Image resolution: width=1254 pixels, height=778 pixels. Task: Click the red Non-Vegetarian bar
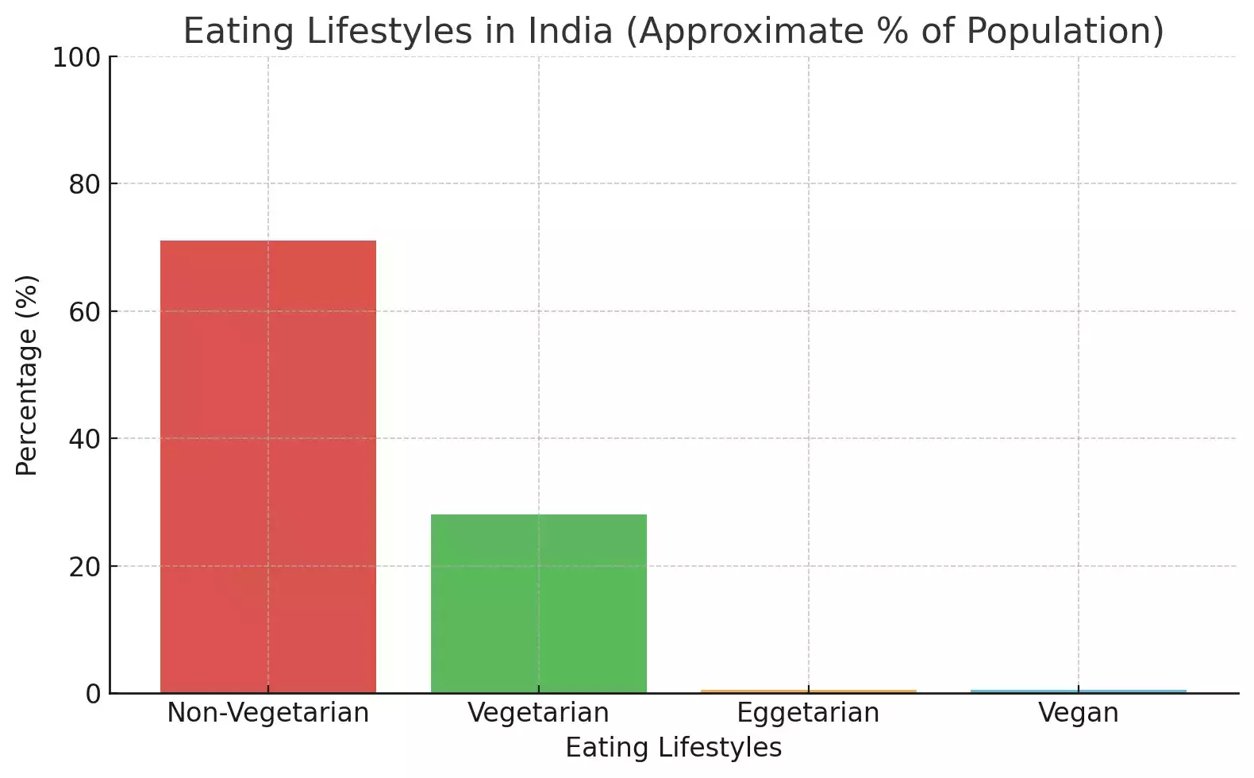(x=268, y=467)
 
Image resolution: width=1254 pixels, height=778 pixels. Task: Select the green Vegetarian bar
(x=539, y=603)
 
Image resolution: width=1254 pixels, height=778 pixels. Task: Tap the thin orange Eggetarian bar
(x=809, y=691)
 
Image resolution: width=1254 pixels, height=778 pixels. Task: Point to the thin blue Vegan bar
(x=1079, y=691)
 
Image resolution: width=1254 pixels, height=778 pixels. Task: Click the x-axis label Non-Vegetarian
(x=268, y=713)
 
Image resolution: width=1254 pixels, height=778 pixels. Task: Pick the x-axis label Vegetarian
(x=539, y=713)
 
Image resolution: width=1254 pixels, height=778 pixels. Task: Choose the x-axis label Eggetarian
(x=809, y=713)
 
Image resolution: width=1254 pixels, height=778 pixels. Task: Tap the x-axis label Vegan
(x=1079, y=713)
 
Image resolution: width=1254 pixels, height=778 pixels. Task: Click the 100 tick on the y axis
(x=76, y=57)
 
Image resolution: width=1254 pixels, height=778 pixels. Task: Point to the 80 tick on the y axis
(x=84, y=184)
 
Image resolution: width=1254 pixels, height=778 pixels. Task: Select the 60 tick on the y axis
(x=84, y=312)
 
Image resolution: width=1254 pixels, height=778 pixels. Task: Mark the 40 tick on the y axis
(x=84, y=439)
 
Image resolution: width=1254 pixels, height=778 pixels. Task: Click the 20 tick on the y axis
(x=84, y=567)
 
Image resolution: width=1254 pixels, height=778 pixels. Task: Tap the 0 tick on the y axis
(x=94, y=694)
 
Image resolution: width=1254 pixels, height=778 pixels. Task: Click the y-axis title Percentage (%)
(x=27, y=375)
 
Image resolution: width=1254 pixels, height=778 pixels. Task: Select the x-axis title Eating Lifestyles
(x=673, y=748)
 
